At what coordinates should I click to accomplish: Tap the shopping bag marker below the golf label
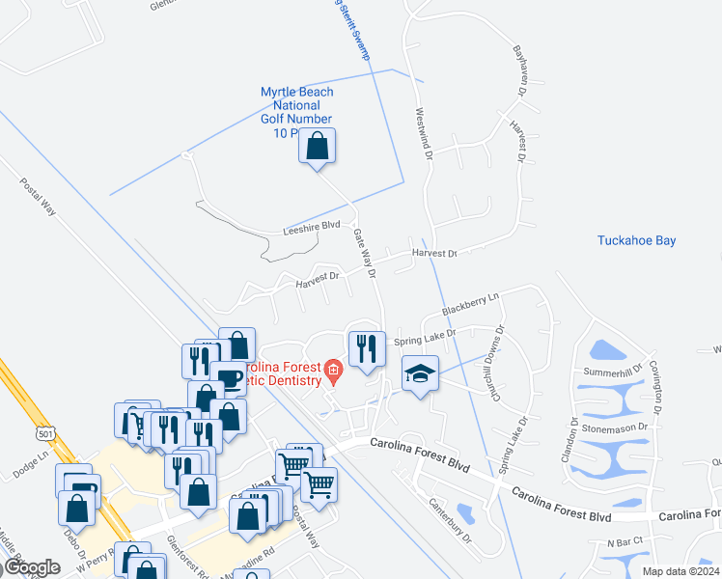coord(318,148)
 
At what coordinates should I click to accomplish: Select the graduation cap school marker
coord(420,374)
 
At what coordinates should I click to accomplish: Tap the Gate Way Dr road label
coord(363,248)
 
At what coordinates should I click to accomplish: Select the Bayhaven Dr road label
coord(519,69)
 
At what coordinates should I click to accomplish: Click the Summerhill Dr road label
coord(606,372)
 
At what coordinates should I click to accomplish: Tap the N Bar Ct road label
coord(625,543)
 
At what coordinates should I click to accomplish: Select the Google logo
coord(32,566)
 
